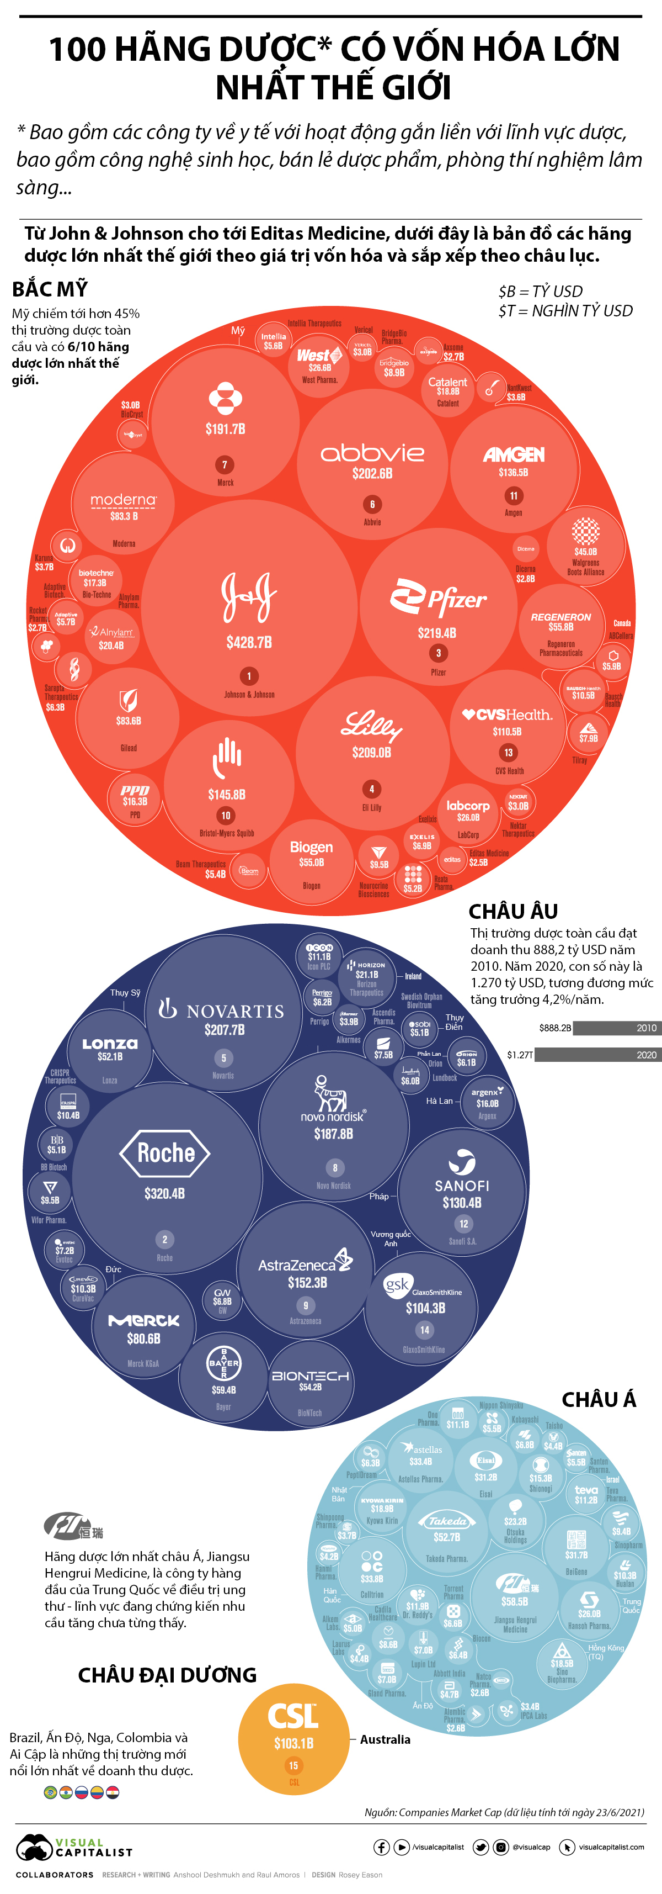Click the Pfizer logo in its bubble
pos(438,597)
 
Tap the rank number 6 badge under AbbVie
pos(372,504)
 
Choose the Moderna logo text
pos(124,500)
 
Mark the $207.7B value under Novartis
pos(224,1030)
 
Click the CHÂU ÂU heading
pos(513,912)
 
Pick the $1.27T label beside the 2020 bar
pos(520,1055)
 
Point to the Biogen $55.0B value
pos(312,863)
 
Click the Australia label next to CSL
pos(385,1739)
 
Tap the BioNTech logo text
pos(310,1375)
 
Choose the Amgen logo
pos(514,454)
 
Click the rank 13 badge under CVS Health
pos(509,752)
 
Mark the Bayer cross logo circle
pos(223,1362)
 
